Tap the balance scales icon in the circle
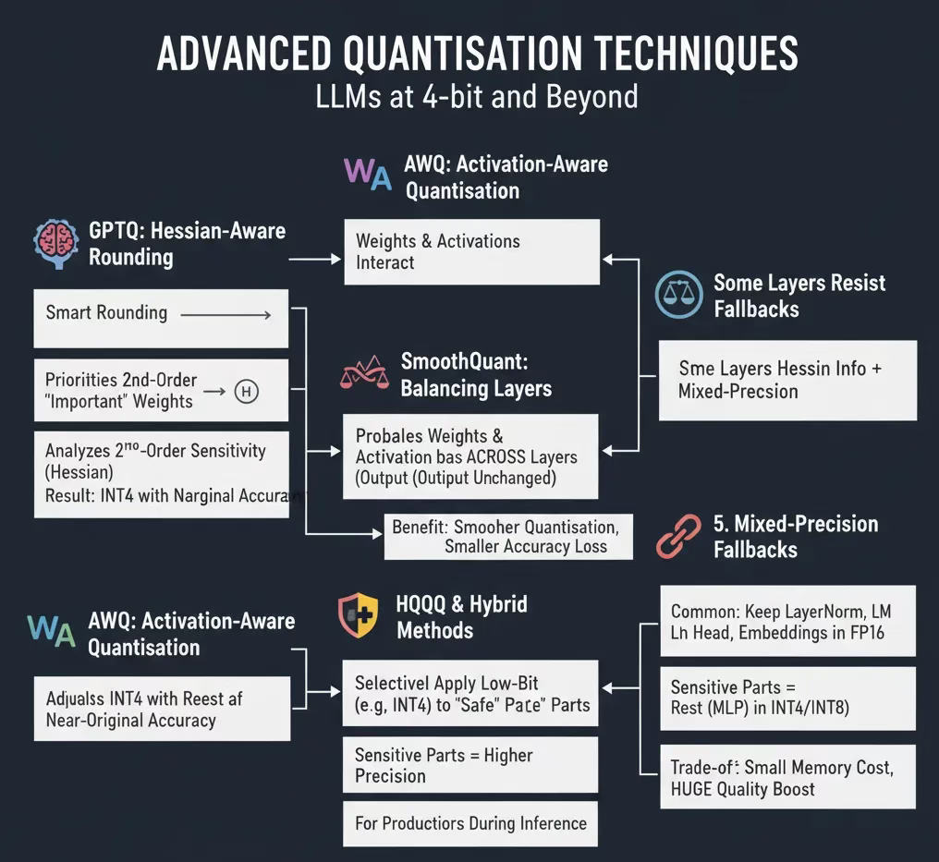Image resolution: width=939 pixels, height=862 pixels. [679, 296]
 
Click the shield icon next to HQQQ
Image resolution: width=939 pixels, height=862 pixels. [358, 616]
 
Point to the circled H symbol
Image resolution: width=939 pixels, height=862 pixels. [246, 391]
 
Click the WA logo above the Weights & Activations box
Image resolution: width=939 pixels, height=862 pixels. [367, 175]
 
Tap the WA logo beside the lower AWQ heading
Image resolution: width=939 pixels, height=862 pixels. [51, 632]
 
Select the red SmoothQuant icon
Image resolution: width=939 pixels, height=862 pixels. [365, 372]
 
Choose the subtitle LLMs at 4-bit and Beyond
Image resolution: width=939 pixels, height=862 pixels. [477, 97]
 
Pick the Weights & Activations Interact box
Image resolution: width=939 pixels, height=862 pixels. [471, 251]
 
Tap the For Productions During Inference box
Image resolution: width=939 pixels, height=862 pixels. [469, 822]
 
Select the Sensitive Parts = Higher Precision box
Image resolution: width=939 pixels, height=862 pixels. [469, 765]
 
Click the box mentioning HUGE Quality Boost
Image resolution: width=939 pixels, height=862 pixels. [787, 778]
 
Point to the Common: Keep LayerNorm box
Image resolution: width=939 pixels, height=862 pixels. [787, 622]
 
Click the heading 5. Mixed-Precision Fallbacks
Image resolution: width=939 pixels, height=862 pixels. [795, 536]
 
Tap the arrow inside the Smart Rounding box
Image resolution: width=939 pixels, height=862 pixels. [226, 315]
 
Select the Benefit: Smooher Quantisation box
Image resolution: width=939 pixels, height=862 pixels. [508, 536]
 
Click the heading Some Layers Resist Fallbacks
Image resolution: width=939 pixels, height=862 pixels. [799, 296]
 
